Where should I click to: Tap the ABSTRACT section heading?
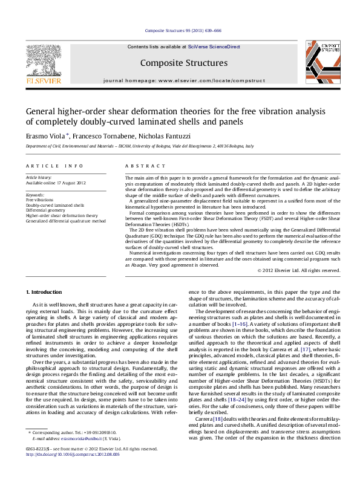(x=140, y=165)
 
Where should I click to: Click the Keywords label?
(x=35, y=195)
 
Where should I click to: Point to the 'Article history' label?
(x=38, y=177)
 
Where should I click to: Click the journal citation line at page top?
(x=179, y=30)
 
